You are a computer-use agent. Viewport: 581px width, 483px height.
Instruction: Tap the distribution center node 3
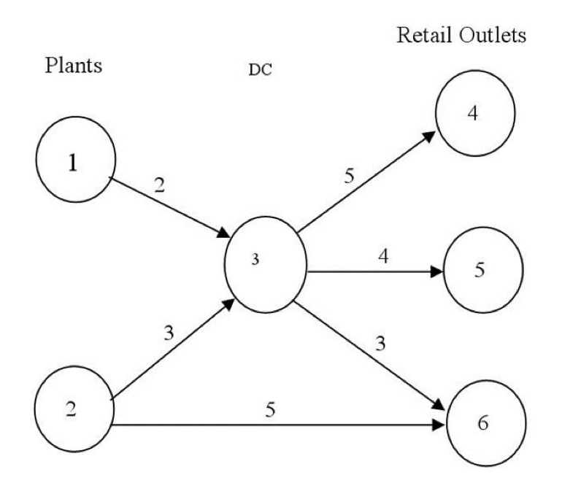[x=267, y=263]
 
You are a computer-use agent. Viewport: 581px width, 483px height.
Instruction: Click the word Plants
[x=73, y=66]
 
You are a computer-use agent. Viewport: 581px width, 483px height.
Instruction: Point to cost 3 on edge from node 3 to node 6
[x=378, y=344]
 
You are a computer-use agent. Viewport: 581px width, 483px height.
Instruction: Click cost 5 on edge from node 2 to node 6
[x=270, y=411]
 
